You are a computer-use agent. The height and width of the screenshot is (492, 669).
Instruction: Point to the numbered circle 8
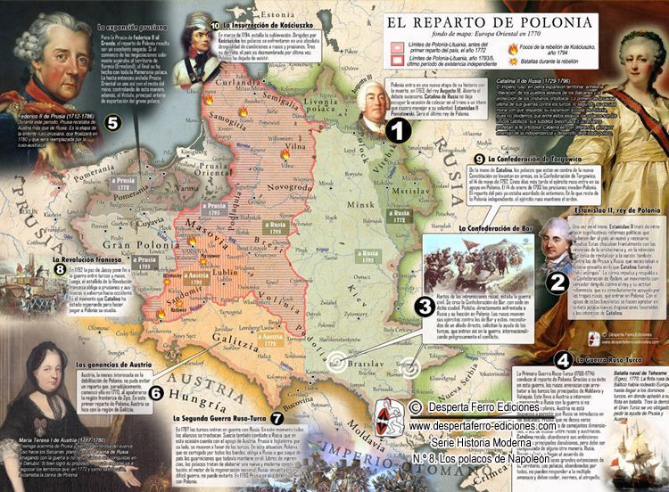tap(60, 268)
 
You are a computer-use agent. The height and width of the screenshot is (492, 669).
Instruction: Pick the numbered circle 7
tap(277, 417)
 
